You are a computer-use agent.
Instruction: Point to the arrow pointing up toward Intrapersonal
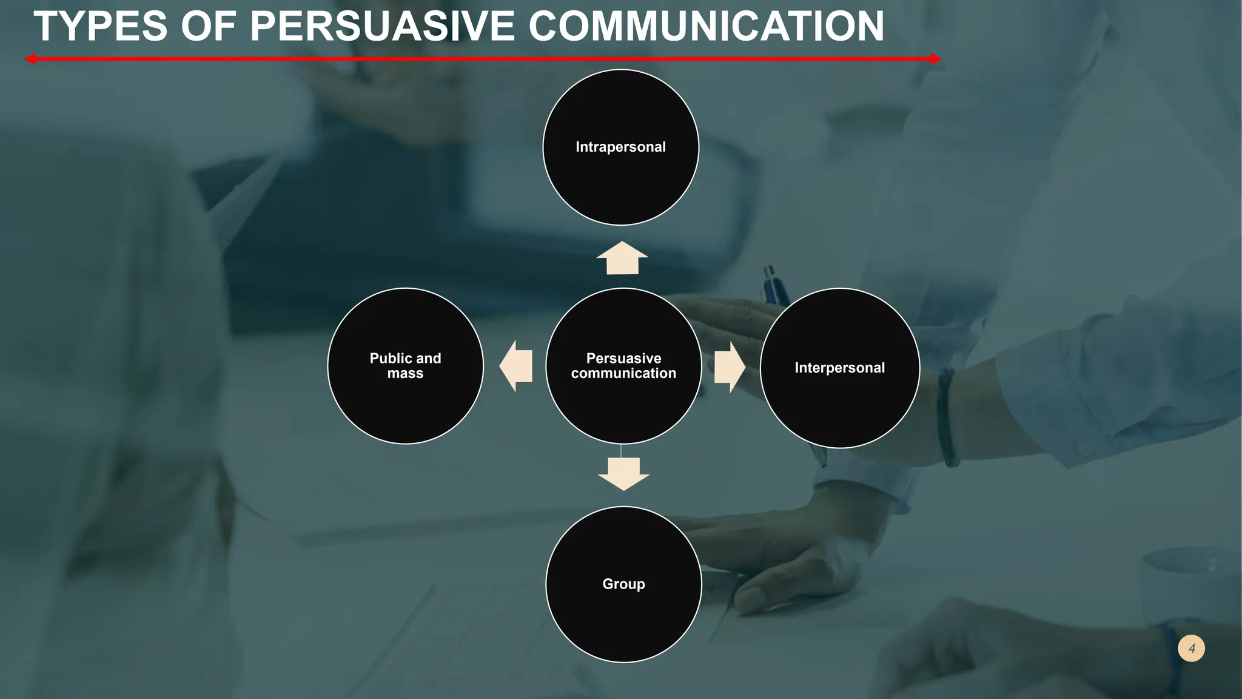tap(622, 258)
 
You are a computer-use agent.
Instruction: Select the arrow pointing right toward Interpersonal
tap(730, 367)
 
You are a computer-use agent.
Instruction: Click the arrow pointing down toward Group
tap(623, 474)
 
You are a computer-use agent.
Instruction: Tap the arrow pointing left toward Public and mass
tap(517, 366)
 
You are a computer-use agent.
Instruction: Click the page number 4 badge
tap(1191, 648)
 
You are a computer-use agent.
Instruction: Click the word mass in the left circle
tap(405, 374)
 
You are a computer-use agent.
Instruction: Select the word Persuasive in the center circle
tap(623, 358)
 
